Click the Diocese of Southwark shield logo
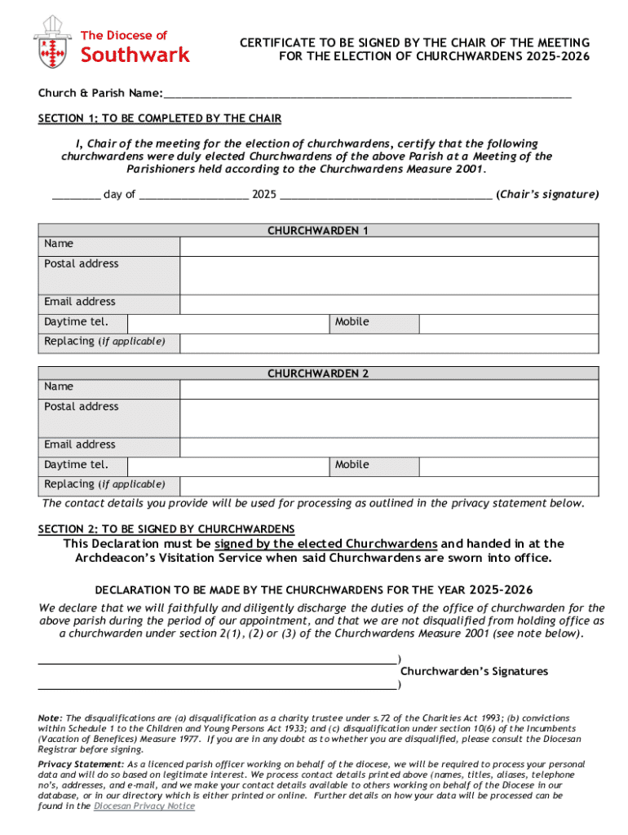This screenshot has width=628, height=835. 52,42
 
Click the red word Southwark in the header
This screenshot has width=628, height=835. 135,55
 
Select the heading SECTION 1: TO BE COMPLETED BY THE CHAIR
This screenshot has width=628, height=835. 160,119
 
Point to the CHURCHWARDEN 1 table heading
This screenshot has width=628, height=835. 318,231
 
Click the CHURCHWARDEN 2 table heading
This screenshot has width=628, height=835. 318,373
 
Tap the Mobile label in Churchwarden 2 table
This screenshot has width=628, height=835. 352,465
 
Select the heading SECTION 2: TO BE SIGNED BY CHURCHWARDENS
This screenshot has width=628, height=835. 166,529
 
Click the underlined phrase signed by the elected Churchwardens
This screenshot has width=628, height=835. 326,544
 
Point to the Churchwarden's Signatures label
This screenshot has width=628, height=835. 474,671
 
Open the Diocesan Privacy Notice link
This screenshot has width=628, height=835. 144,806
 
